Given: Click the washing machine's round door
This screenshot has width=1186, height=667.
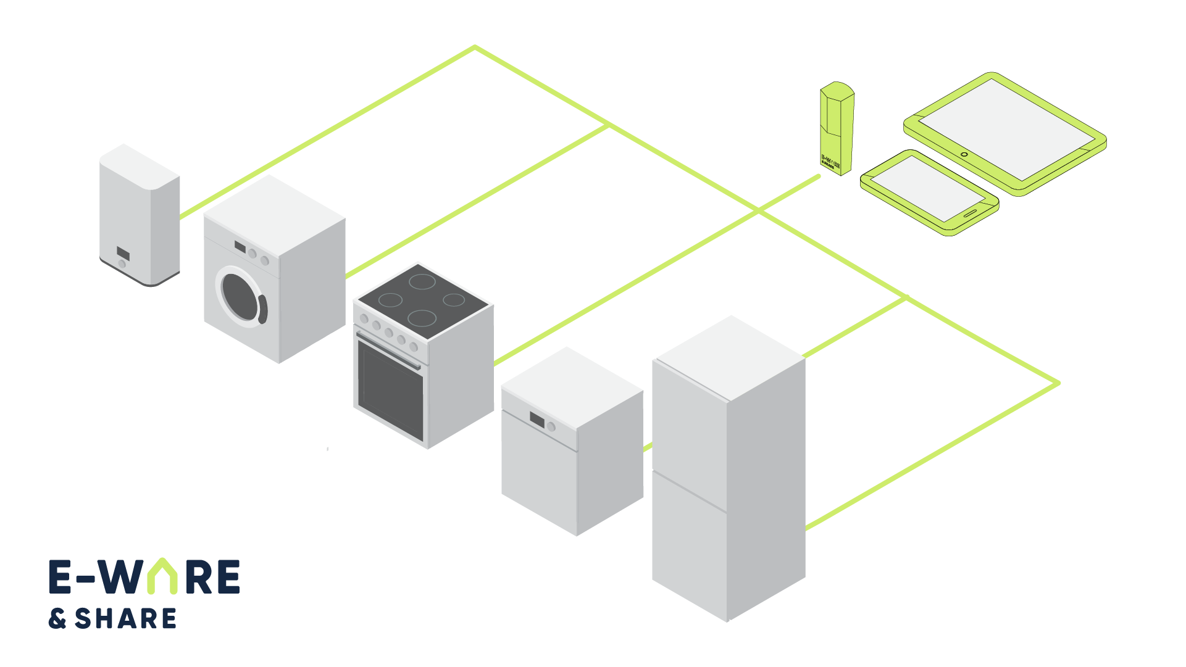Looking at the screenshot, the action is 241,296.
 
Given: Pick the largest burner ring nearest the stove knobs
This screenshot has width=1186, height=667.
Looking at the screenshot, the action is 422,318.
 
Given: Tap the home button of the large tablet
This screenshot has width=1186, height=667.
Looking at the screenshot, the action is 964,154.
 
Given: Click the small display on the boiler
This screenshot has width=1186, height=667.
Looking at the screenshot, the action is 123,253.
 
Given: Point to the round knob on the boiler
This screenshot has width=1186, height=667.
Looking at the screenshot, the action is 122,264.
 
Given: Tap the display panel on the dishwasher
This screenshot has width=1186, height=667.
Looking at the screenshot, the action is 537,420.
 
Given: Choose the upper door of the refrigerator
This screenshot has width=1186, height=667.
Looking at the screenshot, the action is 689,420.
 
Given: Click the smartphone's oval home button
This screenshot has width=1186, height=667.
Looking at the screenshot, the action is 971,213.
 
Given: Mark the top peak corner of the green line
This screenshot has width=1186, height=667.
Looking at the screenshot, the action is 474,47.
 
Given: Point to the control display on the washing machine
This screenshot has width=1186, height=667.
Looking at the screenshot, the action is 240,248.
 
